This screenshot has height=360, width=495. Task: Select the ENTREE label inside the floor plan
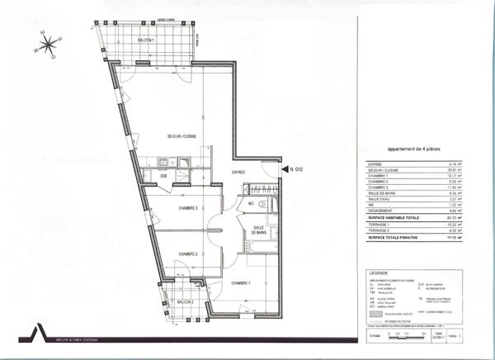[x=239, y=172]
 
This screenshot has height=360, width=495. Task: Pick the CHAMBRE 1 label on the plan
[x=241, y=283]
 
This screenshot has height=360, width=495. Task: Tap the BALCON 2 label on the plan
[x=184, y=303]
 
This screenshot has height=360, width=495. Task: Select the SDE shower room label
[x=164, y=176]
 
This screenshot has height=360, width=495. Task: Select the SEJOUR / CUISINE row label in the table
[x=383, y=170]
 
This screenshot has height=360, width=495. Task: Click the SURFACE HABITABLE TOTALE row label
[x=394, y=217]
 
